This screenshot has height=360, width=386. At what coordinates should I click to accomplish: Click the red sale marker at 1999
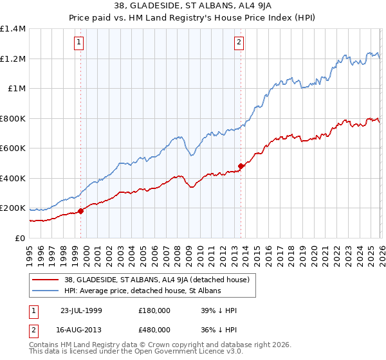click(80, 211)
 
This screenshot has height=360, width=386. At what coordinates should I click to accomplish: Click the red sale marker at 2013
click(241, 166)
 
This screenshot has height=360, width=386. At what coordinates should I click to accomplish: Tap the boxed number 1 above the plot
click(78, 43)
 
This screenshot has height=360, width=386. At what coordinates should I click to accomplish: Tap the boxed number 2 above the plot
click(239, 43)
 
